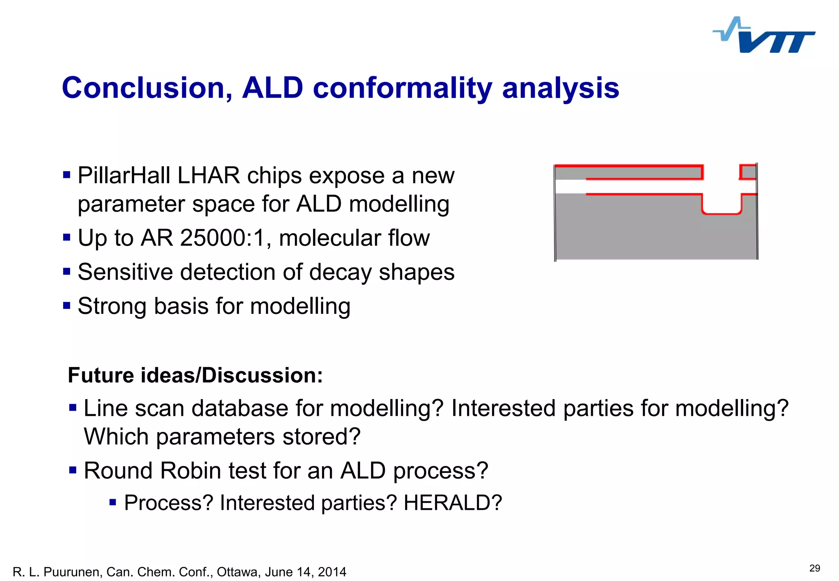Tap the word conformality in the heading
(x=402, y=88)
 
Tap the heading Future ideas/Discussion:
(x=195, y=375)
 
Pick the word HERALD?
(x=453, y=503)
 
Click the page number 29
(x=814, y=568)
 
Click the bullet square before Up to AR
(x=67, y=237)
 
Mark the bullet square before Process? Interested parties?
(x=113, y=502)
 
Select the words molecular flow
(x=354, y=238)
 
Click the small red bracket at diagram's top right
(x=747, y=172)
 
